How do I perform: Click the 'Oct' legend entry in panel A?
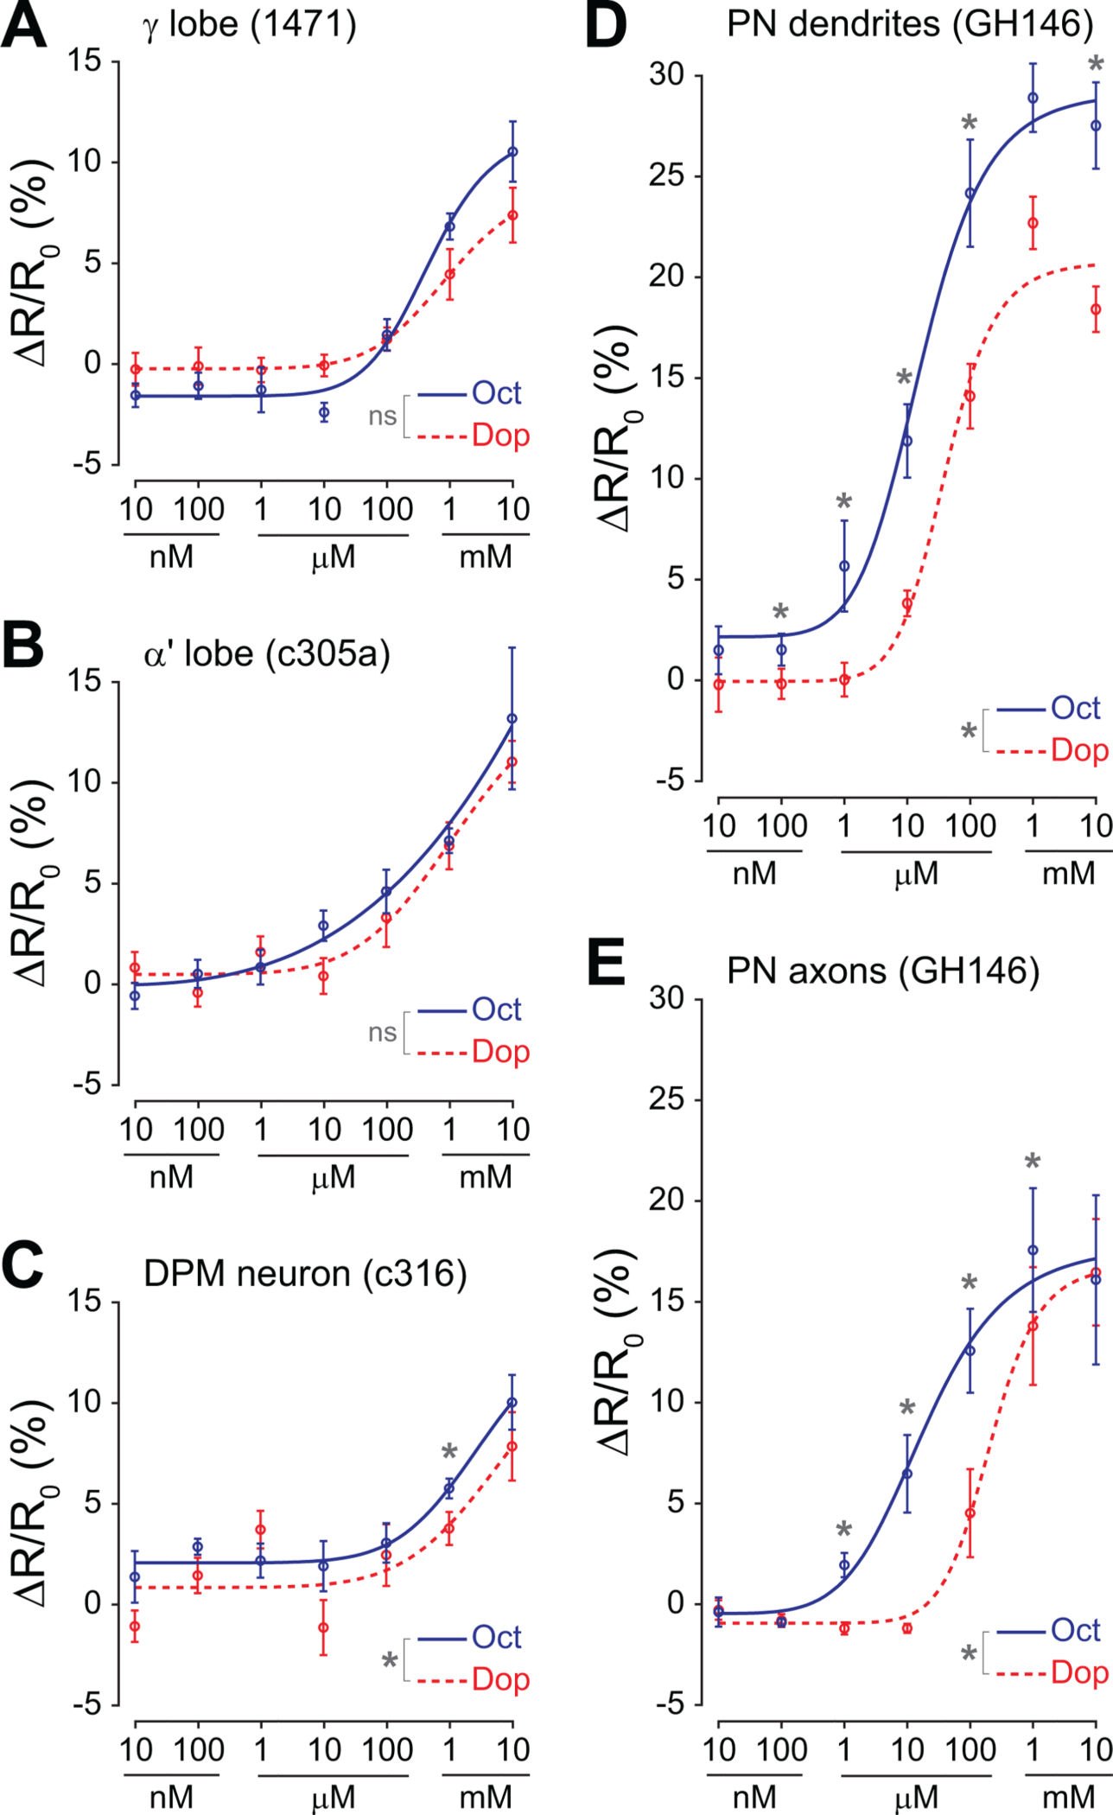tap(497, 393)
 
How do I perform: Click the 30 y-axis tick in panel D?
tap(666, 76)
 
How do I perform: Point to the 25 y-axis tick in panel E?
tap(666, 1100)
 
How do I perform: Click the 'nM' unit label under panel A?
tap(171, 557)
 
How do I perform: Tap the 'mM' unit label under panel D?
tap(1068, 874)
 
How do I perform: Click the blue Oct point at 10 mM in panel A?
tap(512, 151)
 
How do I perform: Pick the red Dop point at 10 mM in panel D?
tap(1095, 309)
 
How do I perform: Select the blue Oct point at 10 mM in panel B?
tap(512, 718)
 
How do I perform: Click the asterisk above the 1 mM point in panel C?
tap(449, 1453)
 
